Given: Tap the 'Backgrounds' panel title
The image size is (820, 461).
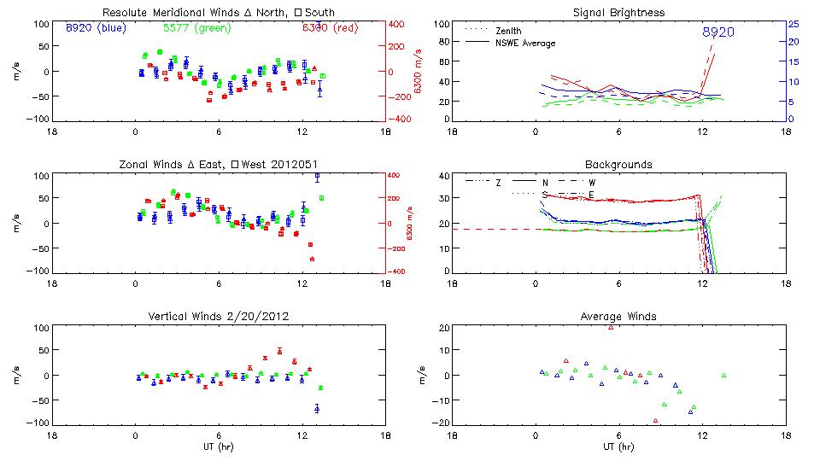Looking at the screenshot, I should tap(619, 164).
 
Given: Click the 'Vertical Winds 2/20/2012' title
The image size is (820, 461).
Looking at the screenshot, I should tap(219, 317).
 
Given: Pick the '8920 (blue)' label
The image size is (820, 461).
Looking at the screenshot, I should tap(94, 27).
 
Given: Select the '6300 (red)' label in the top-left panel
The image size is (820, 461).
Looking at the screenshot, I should tap(330, 27).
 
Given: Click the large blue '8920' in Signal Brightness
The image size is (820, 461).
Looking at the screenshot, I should tap(718, 32).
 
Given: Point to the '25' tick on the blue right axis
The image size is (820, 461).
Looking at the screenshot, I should tap(793, 24).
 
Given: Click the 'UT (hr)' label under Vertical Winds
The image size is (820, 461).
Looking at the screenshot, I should tap(219, 446).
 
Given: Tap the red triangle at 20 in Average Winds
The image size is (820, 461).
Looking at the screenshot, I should tap(611, 327).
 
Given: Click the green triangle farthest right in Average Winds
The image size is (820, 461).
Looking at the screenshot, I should tap(723, 375).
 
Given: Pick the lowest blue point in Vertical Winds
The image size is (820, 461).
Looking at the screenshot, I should tap(317, 409).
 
